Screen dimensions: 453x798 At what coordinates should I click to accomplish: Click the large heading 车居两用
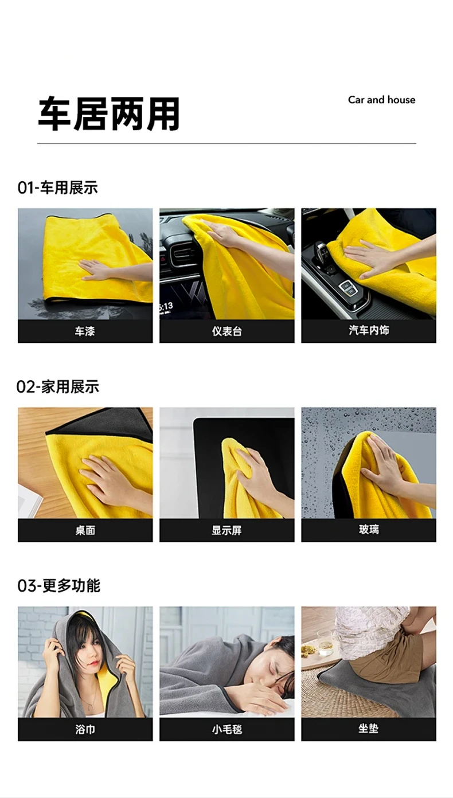coord(109,114)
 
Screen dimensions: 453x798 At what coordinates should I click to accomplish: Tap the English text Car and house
coord(381,100)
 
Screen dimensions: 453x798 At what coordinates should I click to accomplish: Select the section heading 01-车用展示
coord(57,187)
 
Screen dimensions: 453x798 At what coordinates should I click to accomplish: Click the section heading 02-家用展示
coord(58,387)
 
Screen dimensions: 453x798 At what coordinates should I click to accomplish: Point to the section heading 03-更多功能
coord(59,586)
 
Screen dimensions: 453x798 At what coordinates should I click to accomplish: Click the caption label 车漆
coord(85,331)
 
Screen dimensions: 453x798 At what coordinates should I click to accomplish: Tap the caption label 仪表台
coord(226,331)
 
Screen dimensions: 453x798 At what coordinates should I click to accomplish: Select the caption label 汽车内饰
coord(369,330)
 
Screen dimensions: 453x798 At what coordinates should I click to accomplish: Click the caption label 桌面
coord(85,530)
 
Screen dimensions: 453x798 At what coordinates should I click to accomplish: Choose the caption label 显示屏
coord(226,530)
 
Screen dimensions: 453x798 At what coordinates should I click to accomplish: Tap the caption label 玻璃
coord(369,529)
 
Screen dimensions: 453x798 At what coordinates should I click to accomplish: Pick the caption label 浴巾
coord(85,730)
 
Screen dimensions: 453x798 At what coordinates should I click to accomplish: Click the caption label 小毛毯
coord(226,730)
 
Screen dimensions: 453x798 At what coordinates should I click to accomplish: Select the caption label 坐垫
coord(369,728)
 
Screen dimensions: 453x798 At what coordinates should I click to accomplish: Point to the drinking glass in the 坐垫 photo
coord(325,642)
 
